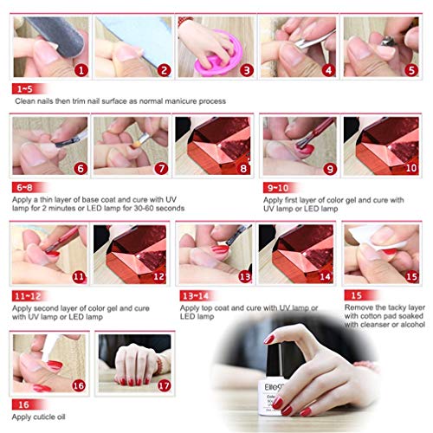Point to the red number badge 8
coord(243,170)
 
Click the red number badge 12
coord(160,276)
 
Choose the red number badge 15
coord(410,276)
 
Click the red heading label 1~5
coord(24,89)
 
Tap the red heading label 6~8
coord(24,186)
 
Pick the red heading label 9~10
coord(277,186)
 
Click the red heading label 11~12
coord(27,295)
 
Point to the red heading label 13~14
coord(194,295)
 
